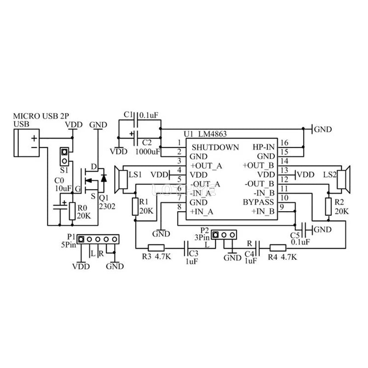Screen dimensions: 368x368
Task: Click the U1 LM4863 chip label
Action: [205, 134]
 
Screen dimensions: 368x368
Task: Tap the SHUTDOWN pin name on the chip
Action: [215, 148]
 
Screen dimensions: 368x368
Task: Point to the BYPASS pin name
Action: [259, 202]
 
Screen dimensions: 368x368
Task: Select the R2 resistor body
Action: [328, 207]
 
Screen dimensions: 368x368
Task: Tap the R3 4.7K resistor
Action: [156, 247]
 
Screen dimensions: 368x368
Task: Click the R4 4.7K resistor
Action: [278, 247]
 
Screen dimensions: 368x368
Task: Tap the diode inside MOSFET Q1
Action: [103, 177]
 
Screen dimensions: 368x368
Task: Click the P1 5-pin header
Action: [98, 239]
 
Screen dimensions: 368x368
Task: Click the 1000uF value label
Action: [148, 151]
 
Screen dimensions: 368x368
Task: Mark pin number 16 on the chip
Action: [285, 143]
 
